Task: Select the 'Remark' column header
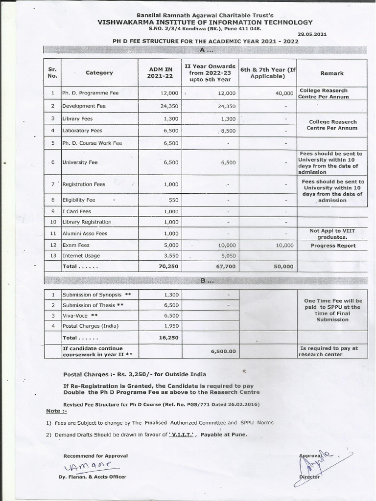[x=331, y=73]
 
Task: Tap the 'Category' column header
[x=99, y=73]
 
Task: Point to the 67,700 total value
[x=225, y=266]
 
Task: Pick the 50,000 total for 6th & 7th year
[x=282, y=266]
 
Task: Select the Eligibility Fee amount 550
[x=172, y=200]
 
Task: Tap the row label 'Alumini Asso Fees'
[x=84, y=234]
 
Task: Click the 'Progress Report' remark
[x=333, y=246]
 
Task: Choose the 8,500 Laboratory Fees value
[x=227, y=131]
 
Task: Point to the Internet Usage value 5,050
[x=228, y=255]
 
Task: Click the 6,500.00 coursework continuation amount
[x=223, y=351]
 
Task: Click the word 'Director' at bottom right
[x=309, y=477]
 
